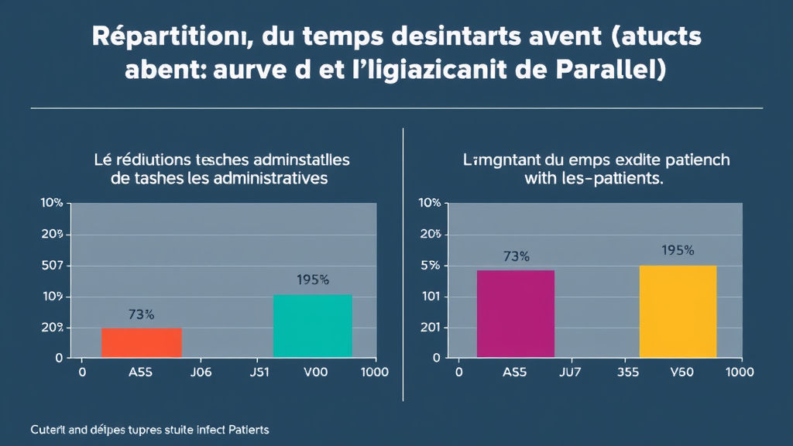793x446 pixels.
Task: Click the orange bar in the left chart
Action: [x=142, y=342]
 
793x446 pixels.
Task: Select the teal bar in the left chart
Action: [x=313, y=326]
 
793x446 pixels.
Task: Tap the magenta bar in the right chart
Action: [x=516, y=314]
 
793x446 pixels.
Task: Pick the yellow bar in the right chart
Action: [x=678, y=311]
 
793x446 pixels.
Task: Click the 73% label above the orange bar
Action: [x=141, y=314]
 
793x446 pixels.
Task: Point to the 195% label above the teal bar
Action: [x=313, y=280]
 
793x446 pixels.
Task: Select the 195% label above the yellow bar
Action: [x=678, y=250]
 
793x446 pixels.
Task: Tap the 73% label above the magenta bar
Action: [x=516, y=256]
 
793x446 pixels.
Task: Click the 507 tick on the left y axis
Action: [x=52, y=266]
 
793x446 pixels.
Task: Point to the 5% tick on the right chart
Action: [x=429, y=266]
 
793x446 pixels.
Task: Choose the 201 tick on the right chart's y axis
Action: [x=429, y=328]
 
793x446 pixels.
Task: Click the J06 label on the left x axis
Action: [x=201, y=372]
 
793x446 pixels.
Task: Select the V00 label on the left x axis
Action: [x=316, y=372]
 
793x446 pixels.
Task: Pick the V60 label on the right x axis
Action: [x=681, y=372]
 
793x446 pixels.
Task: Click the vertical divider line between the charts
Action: [x=403, y=263]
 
